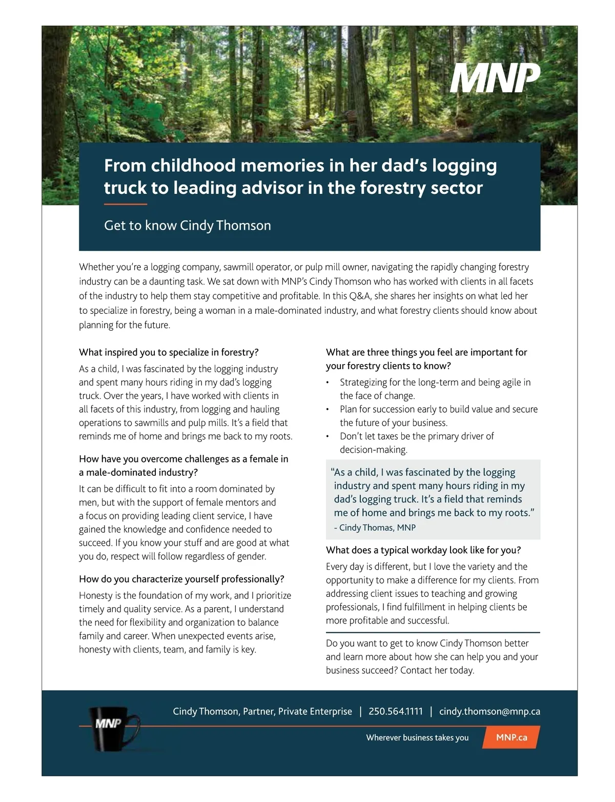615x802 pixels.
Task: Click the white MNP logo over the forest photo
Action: click(x=495, y=78)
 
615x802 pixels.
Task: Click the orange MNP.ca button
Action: click(x=511, y=737)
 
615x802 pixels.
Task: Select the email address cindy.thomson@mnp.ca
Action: click(x=489, y=711)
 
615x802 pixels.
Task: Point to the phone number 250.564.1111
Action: click(x=396, y=711)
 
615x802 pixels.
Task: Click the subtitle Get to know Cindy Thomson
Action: click(x=187, y=226)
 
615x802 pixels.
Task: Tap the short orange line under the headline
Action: click(x=125, y=204)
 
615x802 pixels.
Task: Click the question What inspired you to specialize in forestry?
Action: click(x=169, y=352)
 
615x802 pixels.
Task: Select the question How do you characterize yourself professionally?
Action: click(x=181, y=579)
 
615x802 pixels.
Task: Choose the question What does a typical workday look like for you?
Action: click(x=423, y=550)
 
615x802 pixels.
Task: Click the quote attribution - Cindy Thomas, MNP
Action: click(x=375, y=528)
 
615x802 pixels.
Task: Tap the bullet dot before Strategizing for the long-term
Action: click(x=327, y=383)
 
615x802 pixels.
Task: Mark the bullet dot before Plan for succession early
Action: click(x=327, y=409)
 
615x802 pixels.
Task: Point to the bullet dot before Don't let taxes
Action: click(x=327, y=436)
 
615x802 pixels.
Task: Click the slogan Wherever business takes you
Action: click(x=417, y=737)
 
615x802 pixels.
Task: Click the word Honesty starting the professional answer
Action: click(x=95, y=595)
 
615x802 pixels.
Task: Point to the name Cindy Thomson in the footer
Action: click(x=206, y=711)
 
